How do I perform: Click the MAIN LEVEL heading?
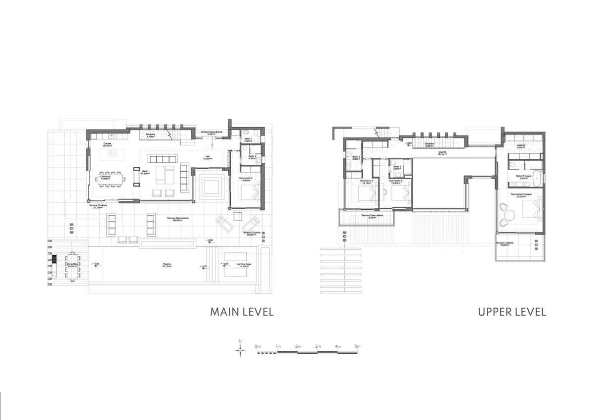(x=242, y=312)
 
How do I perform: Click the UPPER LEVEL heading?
(x=511, y=312)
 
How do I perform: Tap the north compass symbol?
(x=240, y=350)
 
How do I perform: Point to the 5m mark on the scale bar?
(x=357, y=347)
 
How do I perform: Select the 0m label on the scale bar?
(x=257, y=347)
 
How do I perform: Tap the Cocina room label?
(x=107, y=144)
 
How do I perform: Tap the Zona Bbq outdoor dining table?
(x=73, y=266)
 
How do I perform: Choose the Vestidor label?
(x=521, y=146)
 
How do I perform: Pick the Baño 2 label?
(x=397, y=167)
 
